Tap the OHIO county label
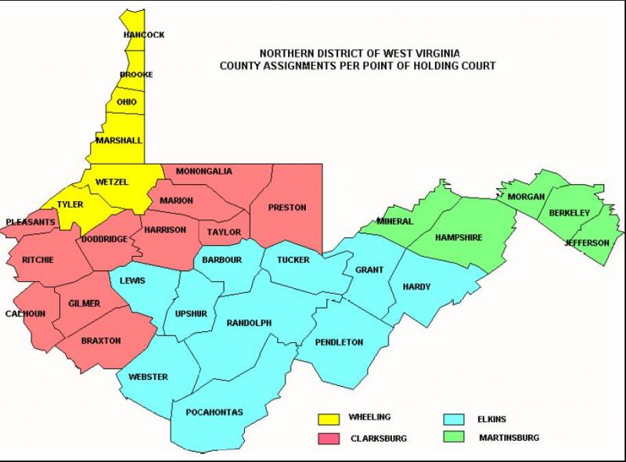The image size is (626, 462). (127, 103)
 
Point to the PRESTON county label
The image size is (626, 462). (286, 208)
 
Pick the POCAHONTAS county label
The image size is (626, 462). (214, 412)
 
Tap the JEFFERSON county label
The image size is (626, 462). (587, 244)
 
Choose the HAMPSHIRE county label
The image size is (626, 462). (459, 237)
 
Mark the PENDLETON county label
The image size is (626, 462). (339, 342)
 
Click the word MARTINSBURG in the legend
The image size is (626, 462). (509, 438)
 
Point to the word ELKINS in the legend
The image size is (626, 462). (493, 419)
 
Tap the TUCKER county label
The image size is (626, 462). (293, 260)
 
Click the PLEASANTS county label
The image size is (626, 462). (31, 222)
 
